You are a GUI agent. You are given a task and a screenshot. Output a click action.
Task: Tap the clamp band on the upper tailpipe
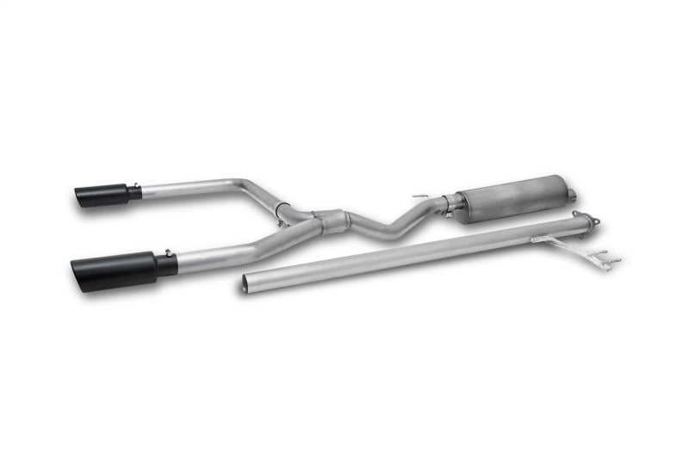(x=282, y=208)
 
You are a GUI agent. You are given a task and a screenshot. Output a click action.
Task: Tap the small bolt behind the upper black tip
(x=135, y=184)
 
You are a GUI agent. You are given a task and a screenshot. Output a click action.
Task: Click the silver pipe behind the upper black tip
(x=185, y=186)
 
